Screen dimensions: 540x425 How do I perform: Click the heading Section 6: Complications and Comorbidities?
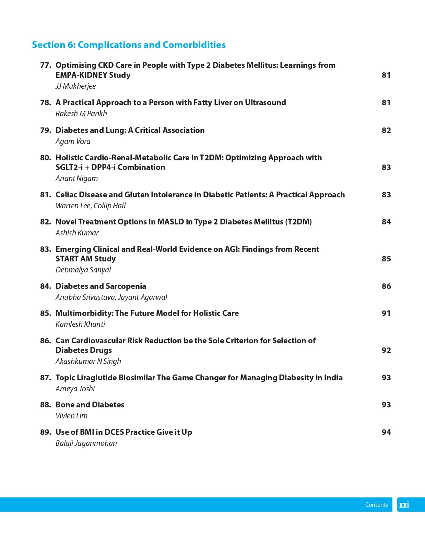129,45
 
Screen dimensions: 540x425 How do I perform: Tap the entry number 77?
45,65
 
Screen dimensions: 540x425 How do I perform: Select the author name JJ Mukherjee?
75,86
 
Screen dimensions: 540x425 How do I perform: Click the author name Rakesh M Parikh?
81,113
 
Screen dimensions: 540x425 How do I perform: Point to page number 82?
386,130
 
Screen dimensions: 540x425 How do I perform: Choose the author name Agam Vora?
73,141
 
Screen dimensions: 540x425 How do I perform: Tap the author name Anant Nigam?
76,178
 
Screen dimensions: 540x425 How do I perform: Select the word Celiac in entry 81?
66,195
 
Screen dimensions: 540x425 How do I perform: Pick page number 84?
386,222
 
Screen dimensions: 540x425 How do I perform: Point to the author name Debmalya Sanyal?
83,270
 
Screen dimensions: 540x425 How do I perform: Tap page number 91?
386,313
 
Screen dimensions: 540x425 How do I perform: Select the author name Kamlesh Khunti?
80,324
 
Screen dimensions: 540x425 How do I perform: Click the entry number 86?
45,341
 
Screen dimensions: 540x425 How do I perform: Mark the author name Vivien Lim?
71,416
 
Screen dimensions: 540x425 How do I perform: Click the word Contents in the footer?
376,505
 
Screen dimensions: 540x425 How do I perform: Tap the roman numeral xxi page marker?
404,505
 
